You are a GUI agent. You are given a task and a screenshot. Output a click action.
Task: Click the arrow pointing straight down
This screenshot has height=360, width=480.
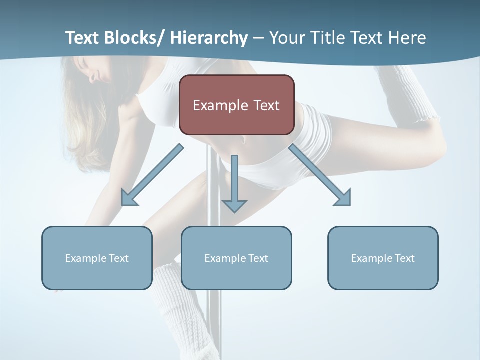tap(234, 185)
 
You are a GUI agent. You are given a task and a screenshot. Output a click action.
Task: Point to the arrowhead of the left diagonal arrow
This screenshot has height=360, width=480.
tap(128, 198)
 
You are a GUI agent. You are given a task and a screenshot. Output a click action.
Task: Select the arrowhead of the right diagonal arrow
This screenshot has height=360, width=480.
tap(343, 198)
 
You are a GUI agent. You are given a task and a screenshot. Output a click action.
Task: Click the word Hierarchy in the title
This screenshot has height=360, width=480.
tap(209, 38)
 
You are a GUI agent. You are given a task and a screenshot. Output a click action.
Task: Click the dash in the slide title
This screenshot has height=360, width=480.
tap(258, 38)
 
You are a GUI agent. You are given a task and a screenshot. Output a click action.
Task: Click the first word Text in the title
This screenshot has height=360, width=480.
tap(83, 38)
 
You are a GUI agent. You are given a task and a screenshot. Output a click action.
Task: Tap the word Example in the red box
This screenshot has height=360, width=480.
tap(220, 105)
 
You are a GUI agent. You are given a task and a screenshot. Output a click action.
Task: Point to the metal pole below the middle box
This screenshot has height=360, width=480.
tap(214, 320)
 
